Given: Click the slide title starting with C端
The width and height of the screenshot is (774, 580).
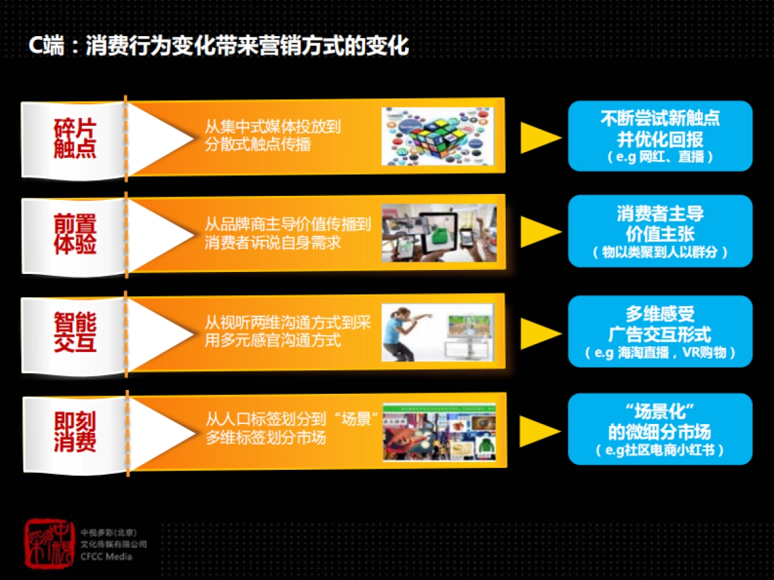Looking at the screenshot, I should (x=219, y=46).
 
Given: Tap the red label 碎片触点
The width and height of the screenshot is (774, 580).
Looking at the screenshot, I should (x=75, y=139).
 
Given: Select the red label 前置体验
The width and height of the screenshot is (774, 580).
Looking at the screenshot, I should (x=75, y=235).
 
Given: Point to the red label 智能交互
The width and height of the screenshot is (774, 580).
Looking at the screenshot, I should (x=75, y=333).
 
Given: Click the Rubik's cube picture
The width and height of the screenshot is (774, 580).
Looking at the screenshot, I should (x=438, y=137).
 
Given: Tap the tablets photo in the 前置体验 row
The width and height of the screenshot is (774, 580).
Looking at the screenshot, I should (x=438, y=233).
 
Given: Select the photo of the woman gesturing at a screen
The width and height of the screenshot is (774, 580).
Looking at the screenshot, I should (x=438, y=333).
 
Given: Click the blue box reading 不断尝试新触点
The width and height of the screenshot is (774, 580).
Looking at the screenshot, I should (x=660, y=136).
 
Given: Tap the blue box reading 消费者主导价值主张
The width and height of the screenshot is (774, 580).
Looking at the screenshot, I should (x=660, y=231).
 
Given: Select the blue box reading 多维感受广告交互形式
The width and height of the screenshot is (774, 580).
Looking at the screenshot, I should (x=660, y=331).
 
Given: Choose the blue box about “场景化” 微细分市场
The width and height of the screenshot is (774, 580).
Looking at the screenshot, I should (x=660, y=429).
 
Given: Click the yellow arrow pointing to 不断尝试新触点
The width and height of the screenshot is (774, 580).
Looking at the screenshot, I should (x=539, y=137).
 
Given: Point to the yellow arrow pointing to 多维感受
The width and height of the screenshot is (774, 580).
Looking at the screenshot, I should (x=539, y=333).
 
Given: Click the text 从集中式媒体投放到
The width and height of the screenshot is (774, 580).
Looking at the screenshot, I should (x=272, y=126).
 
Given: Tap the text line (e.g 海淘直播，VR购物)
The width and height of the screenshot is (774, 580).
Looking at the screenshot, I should (x=660, y=353).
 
